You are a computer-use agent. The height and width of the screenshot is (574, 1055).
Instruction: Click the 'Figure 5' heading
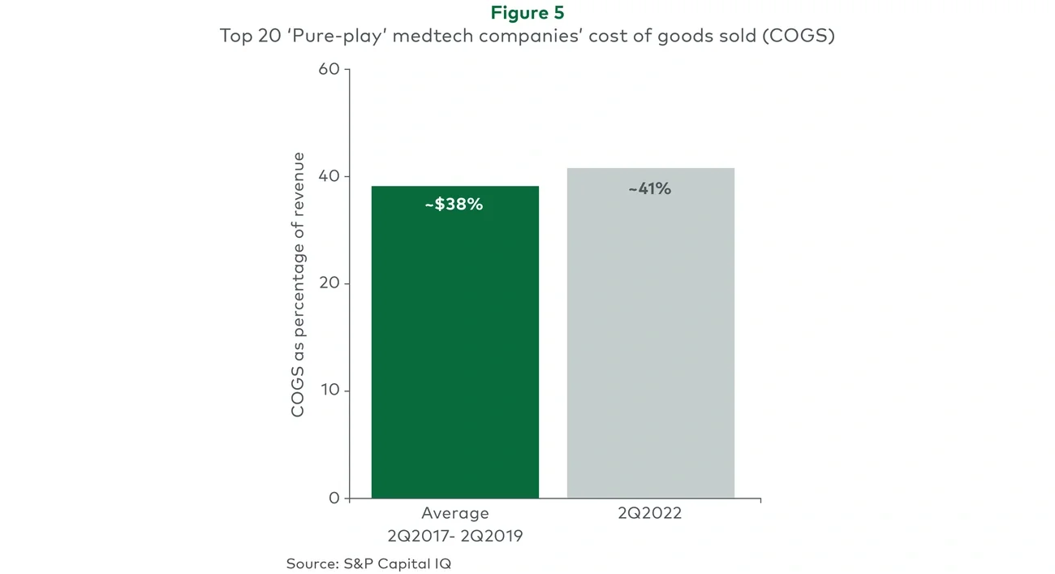[527, 13]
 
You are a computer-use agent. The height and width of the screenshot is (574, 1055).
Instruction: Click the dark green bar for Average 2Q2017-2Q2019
[454, 349]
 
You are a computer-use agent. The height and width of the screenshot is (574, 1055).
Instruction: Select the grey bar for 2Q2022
[650, 349]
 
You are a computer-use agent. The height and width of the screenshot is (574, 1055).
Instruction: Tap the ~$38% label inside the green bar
[454, 205]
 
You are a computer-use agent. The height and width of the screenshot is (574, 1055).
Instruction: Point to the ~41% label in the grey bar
[649, 189]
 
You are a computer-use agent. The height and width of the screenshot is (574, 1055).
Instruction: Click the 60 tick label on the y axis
[329, 69]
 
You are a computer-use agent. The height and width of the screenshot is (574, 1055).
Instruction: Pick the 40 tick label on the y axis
[329, 176]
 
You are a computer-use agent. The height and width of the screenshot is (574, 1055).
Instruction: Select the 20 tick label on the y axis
[329, 283]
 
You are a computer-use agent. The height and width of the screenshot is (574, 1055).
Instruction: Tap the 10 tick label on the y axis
[329, 391]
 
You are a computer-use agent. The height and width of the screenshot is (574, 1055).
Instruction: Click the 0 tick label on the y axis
[334, 498]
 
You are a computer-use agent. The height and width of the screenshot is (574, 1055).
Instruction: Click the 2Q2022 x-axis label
[649, 514]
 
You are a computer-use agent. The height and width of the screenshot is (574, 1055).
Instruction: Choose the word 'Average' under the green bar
[454, 514]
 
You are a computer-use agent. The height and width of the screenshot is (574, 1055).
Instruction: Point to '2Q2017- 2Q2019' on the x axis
[454, 536]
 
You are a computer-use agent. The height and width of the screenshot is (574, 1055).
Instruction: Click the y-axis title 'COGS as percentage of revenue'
[299, 284]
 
